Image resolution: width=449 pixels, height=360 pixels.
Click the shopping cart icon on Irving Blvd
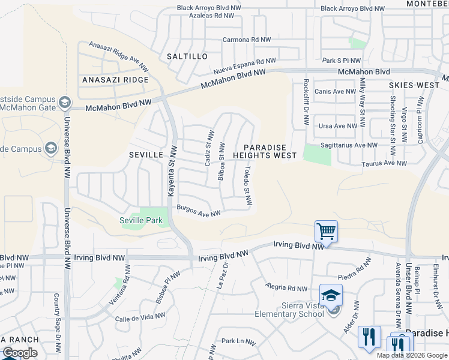click(326, 230)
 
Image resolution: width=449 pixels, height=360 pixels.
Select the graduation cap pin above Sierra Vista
click(331, 295)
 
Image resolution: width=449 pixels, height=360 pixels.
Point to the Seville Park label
click(141, 220)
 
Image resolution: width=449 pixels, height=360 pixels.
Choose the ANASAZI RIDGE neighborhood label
click(115, 80)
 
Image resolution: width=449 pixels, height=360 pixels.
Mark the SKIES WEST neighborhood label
click(414, 86)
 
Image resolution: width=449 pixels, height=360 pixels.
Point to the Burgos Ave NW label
click(199, 211)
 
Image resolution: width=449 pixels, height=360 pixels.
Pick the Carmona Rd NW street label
click(247, 40)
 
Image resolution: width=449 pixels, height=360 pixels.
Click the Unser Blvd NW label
click(409, 287)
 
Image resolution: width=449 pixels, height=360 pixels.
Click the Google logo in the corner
click(19, 353)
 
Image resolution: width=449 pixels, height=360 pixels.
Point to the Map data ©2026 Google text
click(411, 355)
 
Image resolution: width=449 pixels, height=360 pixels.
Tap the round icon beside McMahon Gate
click(65, 104)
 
